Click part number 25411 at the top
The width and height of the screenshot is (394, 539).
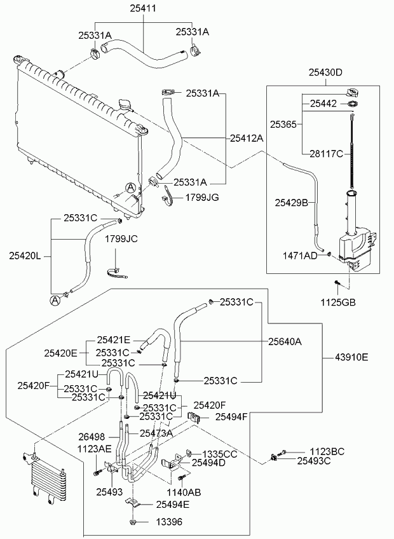pyautogui.click(x=143, y=8)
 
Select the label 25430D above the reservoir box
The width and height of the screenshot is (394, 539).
pyautogui.click(x=325, y=72)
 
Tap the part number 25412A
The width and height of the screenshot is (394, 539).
pyautogui.click(x=246, y=138)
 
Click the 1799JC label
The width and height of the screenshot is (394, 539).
pyautogui.click(x=121, y=238)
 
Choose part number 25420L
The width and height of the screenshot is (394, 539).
pyautogui.click(x=25, y=256)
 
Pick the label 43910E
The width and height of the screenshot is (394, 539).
pyautogui.click(x=351, y=357)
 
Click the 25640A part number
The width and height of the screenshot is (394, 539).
pyautogui.click(x=285, y=342)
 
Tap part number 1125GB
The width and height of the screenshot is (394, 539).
pyautogui.click(x=338, y=302)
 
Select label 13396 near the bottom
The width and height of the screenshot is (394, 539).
pyautogui.click(x=169, y=522)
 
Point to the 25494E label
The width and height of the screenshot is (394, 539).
pyautogui.click(x=173, y=504)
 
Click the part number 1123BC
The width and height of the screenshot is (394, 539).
pyautogui.click(x=327, y=452)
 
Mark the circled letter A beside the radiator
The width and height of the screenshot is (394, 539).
pyautogui.click(x=130, y=188)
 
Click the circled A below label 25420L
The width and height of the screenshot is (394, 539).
pyautogui.click(x=55, y=301)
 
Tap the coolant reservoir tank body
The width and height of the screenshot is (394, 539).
pyautogui.click(x=358, y=247)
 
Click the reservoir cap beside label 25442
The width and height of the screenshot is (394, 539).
pyautogui.click(x=353, y=93)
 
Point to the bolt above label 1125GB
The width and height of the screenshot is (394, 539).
pyautogui.click(x=337, y=283)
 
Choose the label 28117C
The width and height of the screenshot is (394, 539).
pyautogui.click(x=326, y=154)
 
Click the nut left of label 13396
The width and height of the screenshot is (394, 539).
pyautogui.click(x=132, y=522)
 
